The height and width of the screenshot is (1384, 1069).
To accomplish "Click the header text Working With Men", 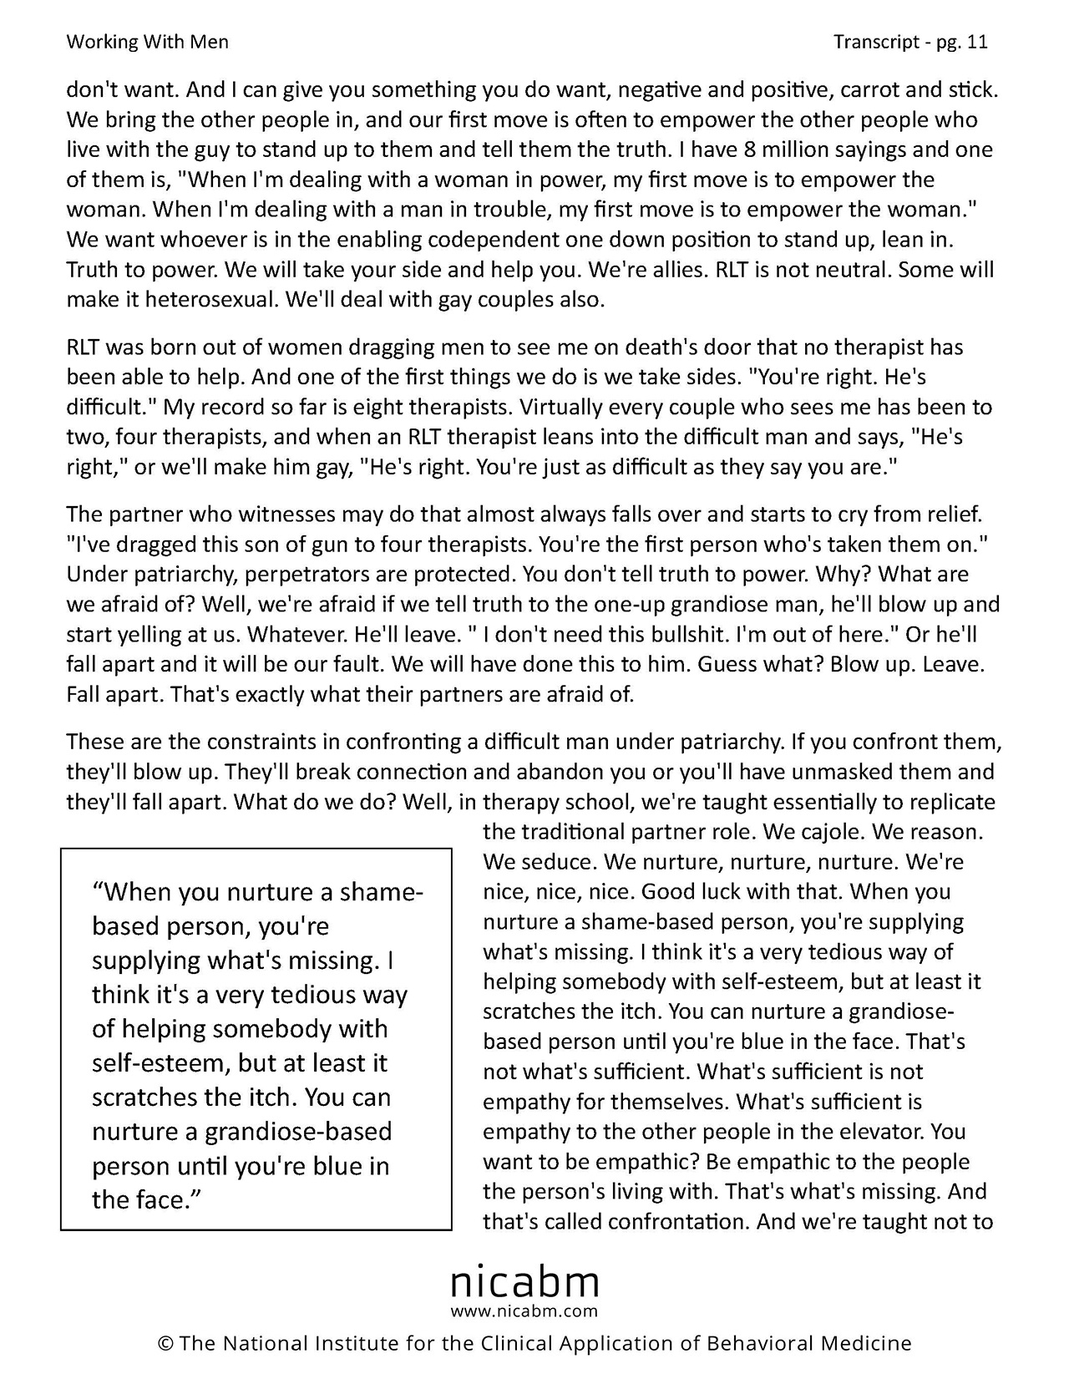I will pyautogui.click(x=147, y=42).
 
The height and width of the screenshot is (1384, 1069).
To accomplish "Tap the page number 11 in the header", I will pyautogui.click(x=977, y=42).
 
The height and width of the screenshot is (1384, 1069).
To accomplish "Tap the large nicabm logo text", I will pyautogui.click(x=524, y=1280).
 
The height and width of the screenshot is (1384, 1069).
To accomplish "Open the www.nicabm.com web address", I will pyautogui.click(x=524, y=1311).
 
